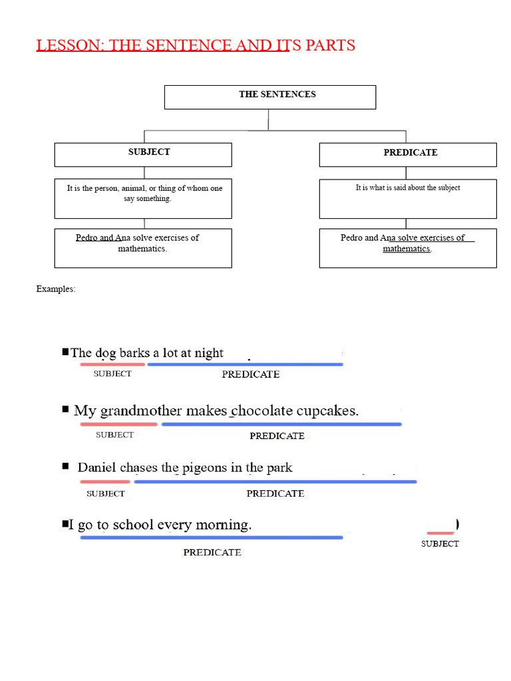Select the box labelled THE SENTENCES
pos(269,97)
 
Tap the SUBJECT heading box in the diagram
pos(143,154)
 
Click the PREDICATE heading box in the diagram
pos(408,154)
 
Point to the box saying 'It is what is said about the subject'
pos(408,198)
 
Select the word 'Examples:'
pos(56,289)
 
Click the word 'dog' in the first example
pos(106,353)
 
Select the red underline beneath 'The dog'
pos(112,364)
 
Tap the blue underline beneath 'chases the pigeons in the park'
pos(275,481)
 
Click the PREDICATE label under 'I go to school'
pos(212,553)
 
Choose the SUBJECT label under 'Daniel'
pos(106,494)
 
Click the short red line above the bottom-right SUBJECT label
pos(440,533)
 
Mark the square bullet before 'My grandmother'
pos(65,409)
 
